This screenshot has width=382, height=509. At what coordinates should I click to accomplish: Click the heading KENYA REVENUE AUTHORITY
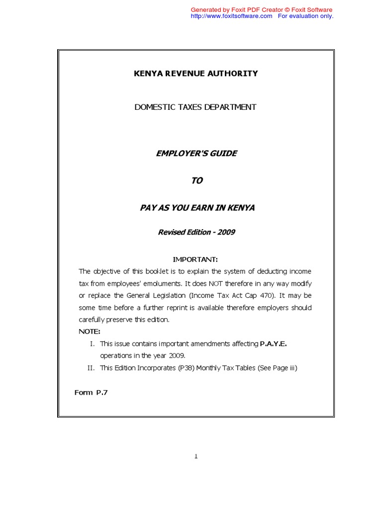click(x=196, y=74)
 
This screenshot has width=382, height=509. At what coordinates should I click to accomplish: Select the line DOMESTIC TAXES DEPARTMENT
click(x=195, y=107)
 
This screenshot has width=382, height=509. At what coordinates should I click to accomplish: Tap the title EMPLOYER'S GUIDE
click(x=196, y=153)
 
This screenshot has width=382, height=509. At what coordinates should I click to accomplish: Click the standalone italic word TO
click(x=197, y=180)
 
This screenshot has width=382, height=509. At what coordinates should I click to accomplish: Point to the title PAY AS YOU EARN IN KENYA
click(x=197, y=208)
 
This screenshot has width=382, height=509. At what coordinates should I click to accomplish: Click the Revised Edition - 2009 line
click(x=196, y=232)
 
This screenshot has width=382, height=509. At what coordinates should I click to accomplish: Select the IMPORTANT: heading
click(x=195, y=259)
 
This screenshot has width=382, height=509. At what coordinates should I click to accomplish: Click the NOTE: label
click(x=90, y=332)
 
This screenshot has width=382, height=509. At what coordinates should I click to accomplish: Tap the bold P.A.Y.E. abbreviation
click(x=274, y=343)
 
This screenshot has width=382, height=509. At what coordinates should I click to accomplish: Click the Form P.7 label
click(x=91, y=393)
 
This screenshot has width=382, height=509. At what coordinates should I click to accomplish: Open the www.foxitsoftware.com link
click(x=232, y=16)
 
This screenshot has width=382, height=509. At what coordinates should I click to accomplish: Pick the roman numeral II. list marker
click(x=90, y=368)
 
